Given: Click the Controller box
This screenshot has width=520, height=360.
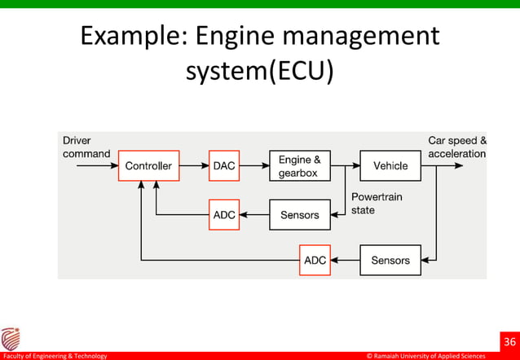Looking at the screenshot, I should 148,165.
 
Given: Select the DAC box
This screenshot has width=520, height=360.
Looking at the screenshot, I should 224,165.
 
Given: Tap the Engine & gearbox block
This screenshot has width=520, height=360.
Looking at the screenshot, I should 300,165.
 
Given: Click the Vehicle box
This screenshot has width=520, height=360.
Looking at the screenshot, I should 390,165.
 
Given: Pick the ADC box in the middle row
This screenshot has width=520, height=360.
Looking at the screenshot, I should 224,215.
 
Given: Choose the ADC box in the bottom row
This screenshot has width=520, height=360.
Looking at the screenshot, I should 315,261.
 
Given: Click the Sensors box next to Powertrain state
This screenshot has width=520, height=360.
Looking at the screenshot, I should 300,215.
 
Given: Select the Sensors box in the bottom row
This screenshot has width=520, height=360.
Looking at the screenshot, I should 390,261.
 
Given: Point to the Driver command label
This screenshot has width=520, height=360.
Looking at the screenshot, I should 86,147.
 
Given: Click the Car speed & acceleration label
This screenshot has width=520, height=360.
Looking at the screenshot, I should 457,147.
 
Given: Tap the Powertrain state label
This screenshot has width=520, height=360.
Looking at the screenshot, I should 377,203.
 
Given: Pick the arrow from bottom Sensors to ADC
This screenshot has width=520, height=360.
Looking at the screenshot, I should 346,261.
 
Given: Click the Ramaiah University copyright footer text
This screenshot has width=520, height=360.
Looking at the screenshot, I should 426,356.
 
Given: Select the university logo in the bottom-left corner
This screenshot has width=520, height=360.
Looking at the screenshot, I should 11,339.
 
